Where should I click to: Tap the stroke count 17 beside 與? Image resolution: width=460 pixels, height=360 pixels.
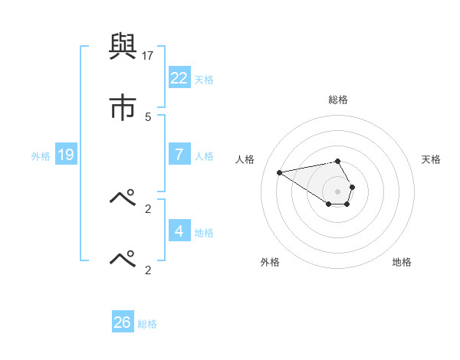coord(148,56)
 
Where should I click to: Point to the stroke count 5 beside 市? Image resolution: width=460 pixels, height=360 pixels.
coord(148,116)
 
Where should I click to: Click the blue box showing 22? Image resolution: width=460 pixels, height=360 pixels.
coord(179,78)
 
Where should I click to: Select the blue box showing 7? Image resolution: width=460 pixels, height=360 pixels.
coord(179,155)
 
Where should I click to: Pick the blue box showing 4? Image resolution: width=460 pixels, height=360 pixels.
coord(179,231)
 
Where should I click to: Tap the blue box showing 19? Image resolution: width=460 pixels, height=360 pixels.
coord(66,155)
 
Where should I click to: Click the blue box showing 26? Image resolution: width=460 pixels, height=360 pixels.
coord(123,322)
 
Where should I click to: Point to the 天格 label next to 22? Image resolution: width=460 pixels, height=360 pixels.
coord(204,80)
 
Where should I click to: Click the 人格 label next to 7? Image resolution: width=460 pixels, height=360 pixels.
coord(204,156)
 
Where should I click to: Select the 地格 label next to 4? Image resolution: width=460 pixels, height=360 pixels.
coord(204,232)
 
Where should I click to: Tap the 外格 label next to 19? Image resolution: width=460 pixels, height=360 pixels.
coord(41,156)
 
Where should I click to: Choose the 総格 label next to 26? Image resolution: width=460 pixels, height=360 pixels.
coord(147,324)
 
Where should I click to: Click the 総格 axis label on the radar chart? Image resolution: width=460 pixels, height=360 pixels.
coord(338,100)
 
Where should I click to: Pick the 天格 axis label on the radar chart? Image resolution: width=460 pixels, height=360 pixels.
coord(431,159)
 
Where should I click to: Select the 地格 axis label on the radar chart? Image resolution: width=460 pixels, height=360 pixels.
coord(402,262)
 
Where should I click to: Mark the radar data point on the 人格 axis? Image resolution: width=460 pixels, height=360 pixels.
coord(279,172)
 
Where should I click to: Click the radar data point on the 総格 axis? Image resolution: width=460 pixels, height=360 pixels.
coord(338,161)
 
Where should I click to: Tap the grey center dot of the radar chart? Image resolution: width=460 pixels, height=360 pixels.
coord(338,191)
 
